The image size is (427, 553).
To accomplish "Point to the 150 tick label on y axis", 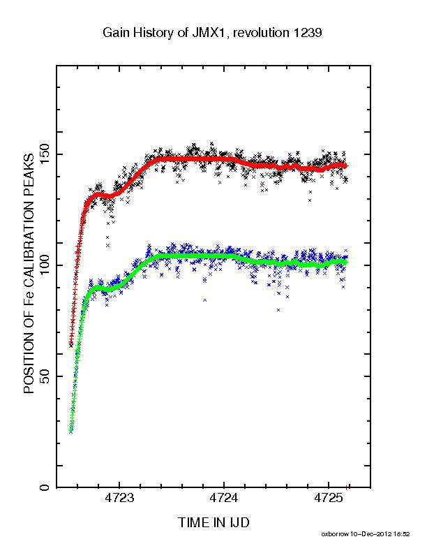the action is [45, 154].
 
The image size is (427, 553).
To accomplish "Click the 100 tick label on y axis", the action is [45, 265].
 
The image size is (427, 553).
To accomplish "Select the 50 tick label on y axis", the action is [45, 376].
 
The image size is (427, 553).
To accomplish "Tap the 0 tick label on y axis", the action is [45, 487].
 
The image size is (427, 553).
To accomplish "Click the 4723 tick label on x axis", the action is [119, 498].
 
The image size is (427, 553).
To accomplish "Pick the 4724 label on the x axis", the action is [224, 498].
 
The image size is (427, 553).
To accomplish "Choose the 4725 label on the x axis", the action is [329, 498].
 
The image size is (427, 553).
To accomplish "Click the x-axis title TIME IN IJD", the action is [213, 522].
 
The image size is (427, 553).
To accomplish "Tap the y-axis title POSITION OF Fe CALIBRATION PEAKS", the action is [29, 273].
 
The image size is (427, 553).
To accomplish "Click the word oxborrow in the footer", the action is [335, 534].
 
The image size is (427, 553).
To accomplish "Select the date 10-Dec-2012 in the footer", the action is [370, 534].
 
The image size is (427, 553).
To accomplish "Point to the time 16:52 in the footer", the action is [401, 534].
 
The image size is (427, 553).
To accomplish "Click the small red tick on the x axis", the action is [347, 487].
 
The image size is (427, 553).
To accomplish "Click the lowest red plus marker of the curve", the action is [70, 342].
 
